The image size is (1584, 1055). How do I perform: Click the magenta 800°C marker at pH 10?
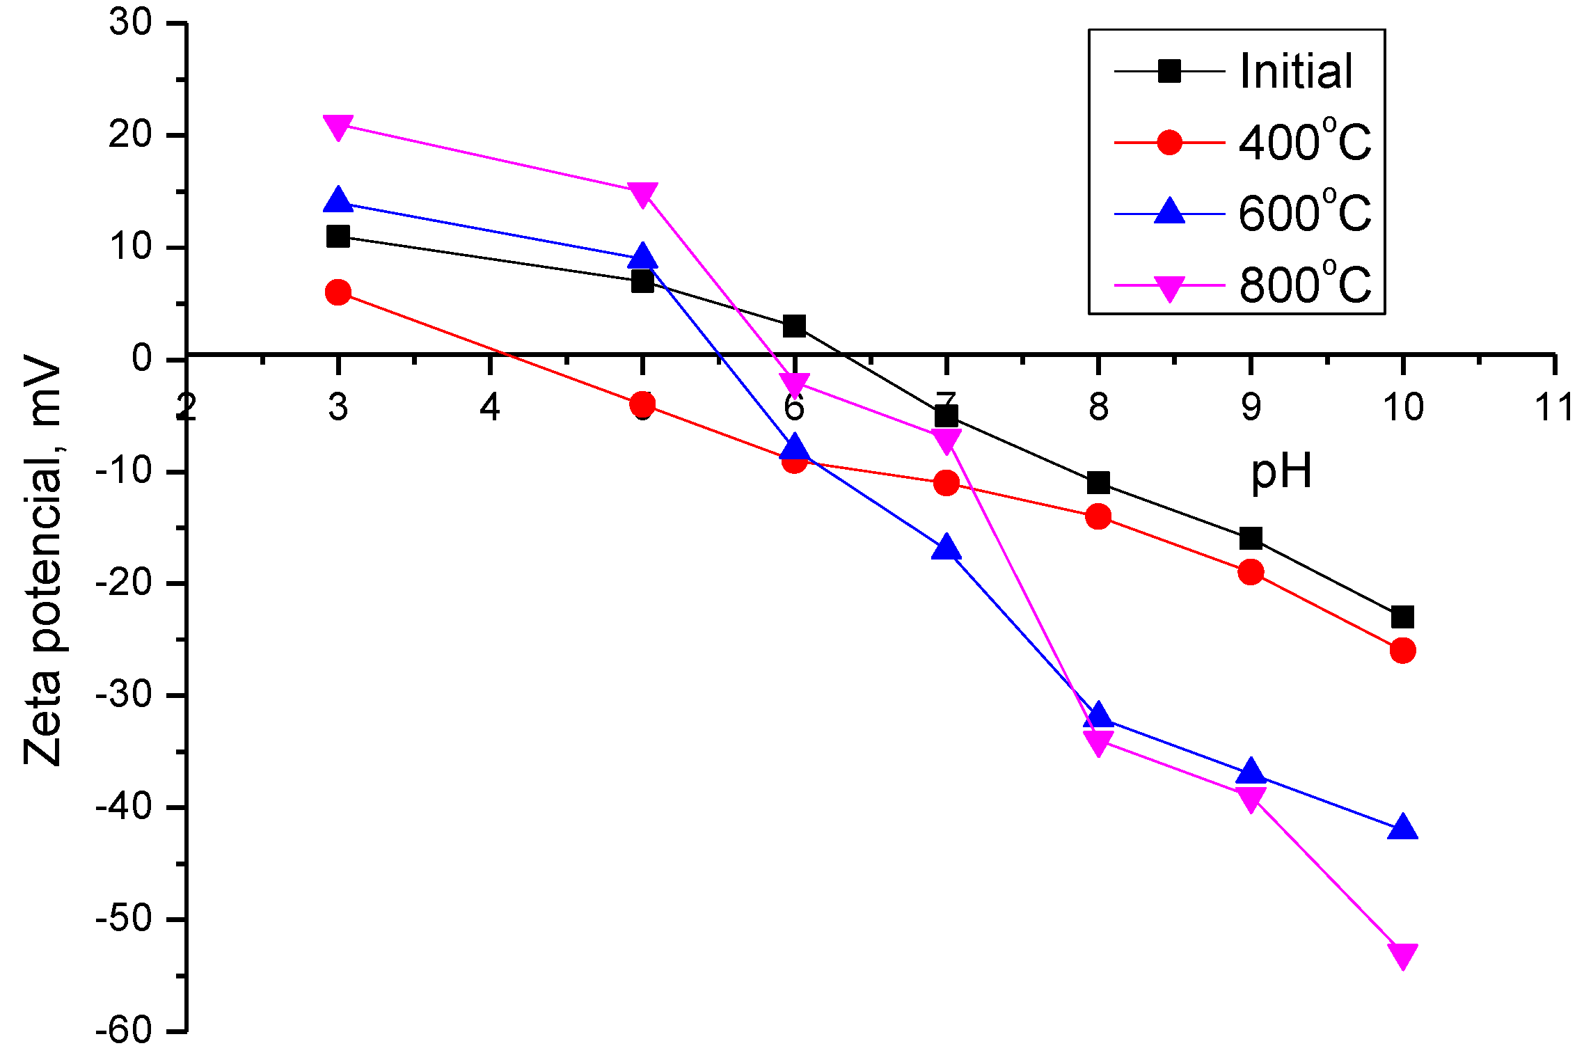[1402, 955]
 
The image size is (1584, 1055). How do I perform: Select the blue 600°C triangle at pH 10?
[1402, 827]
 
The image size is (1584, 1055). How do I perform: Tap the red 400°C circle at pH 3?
[338, 292]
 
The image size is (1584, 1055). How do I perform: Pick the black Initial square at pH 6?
[794, 326]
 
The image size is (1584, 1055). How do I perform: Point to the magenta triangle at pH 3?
[338, 127]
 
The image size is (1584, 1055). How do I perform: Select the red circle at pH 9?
[1251, 572]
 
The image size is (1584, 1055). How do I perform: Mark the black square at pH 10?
[1402, 617]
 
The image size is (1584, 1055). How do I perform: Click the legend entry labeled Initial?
[1296, 71]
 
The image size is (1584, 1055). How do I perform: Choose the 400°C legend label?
[1304, 142]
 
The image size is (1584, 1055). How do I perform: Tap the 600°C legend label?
[1304, 213]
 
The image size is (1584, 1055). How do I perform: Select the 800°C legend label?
[1304, 285]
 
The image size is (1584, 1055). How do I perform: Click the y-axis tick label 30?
[130, 23]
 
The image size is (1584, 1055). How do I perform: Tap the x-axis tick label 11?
[1554, 407]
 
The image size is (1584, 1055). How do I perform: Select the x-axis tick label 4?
[490, 407]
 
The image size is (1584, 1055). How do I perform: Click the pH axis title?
[1281, 472]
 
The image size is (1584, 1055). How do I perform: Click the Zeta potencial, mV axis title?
[43, 561]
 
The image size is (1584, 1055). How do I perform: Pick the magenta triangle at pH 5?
[642, 193]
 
